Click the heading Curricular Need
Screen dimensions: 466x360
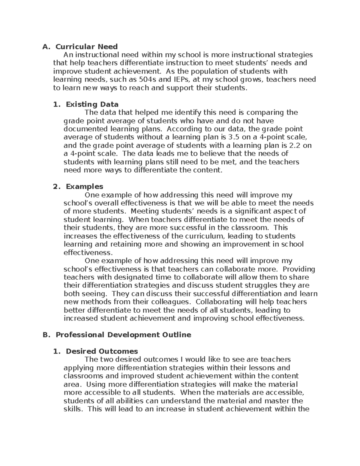pos(86,47)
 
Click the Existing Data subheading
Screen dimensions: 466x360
pos(92,104)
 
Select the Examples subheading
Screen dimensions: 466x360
pos(84,187)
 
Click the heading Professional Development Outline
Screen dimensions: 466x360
pos(123,335)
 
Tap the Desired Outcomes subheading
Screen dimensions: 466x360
pos(102,351)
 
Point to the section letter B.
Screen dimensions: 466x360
pos(46,335)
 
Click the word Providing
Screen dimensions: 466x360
pos(299,269)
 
